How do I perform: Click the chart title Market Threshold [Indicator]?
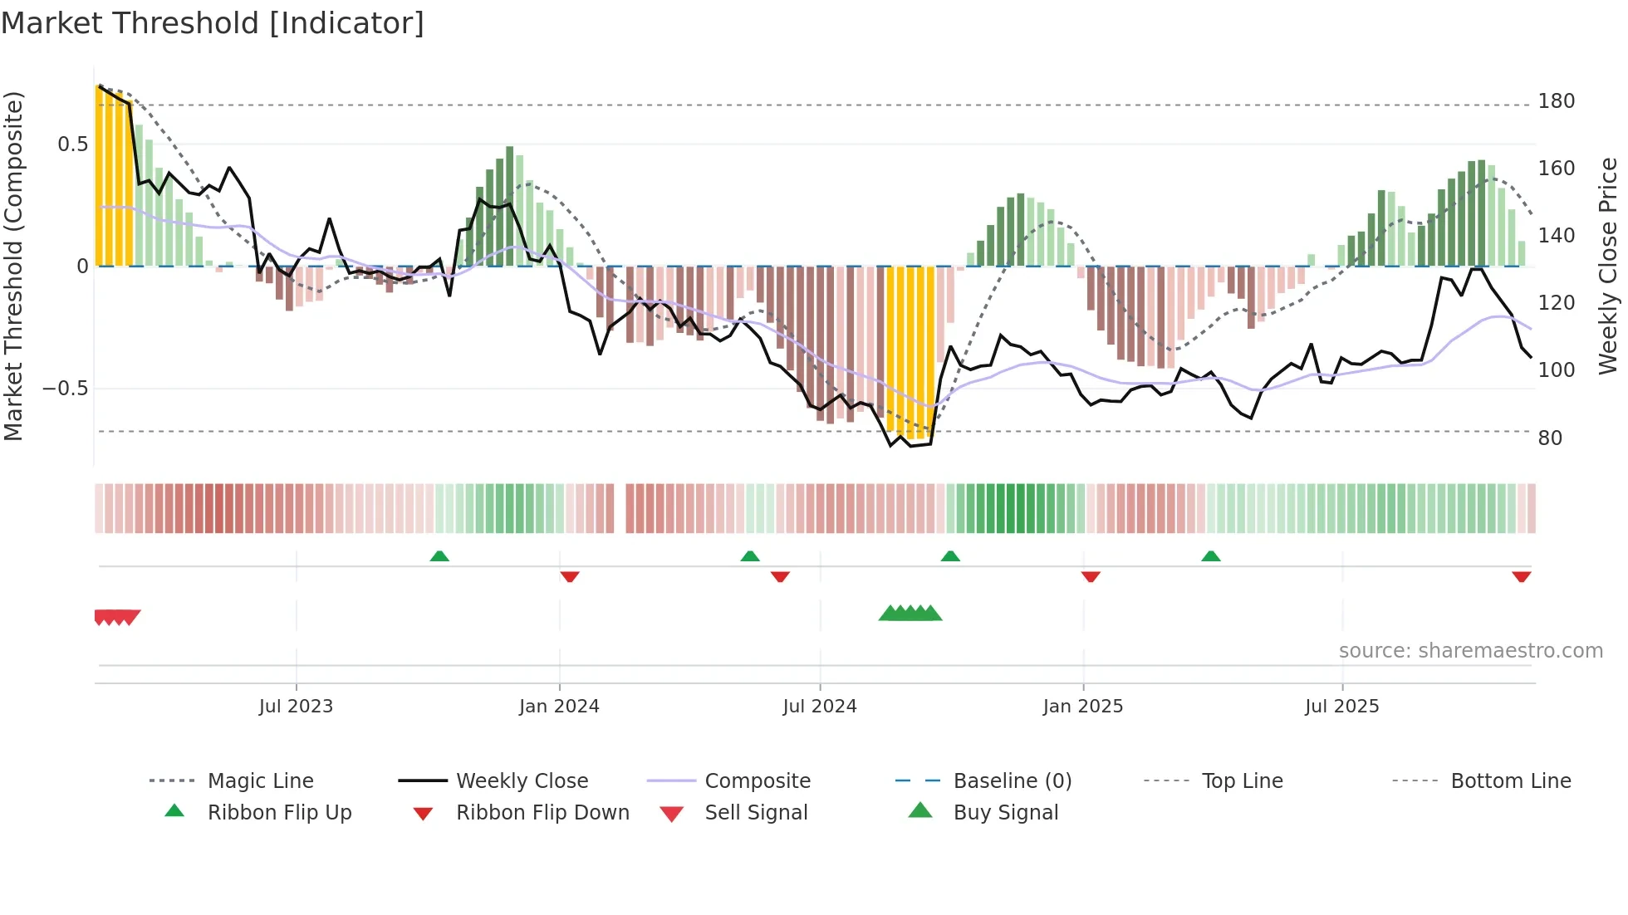pos(213,23)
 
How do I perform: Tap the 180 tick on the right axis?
pos(1556,101)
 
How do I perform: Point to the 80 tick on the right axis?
pos(1550,438)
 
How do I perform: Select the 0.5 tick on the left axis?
pos(73,144)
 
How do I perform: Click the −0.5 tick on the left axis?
pos(66,389)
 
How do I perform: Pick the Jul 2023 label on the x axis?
pos(296,707)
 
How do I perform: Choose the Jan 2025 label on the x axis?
pos(1082,707)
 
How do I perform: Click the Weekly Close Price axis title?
pos(1608,266)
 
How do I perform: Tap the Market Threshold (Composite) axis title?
pos(13,266)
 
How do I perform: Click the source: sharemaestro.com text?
pos(1470,651)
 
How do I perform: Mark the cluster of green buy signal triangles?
pos(910,614)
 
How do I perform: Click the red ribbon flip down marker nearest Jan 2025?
pos(1091,576)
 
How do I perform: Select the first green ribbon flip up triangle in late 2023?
pos(439,556)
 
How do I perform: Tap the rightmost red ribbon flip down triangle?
pos(1521,576)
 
